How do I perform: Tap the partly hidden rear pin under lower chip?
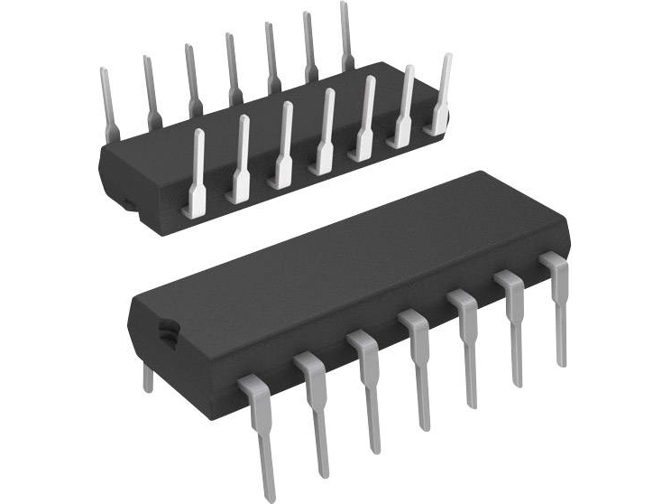(x=148, y=378)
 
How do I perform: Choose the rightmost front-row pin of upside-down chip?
(x=441, y=96)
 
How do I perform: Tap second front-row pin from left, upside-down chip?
(x=240, y=159)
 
